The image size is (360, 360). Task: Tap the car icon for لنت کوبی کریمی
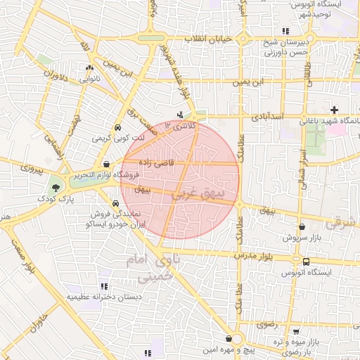coord(117,128)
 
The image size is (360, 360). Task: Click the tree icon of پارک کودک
coord(55,187)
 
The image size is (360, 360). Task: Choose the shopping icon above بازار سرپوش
coord(302,227)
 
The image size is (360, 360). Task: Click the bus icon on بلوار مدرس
coord(305,261)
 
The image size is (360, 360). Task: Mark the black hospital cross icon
coord(334,110)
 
